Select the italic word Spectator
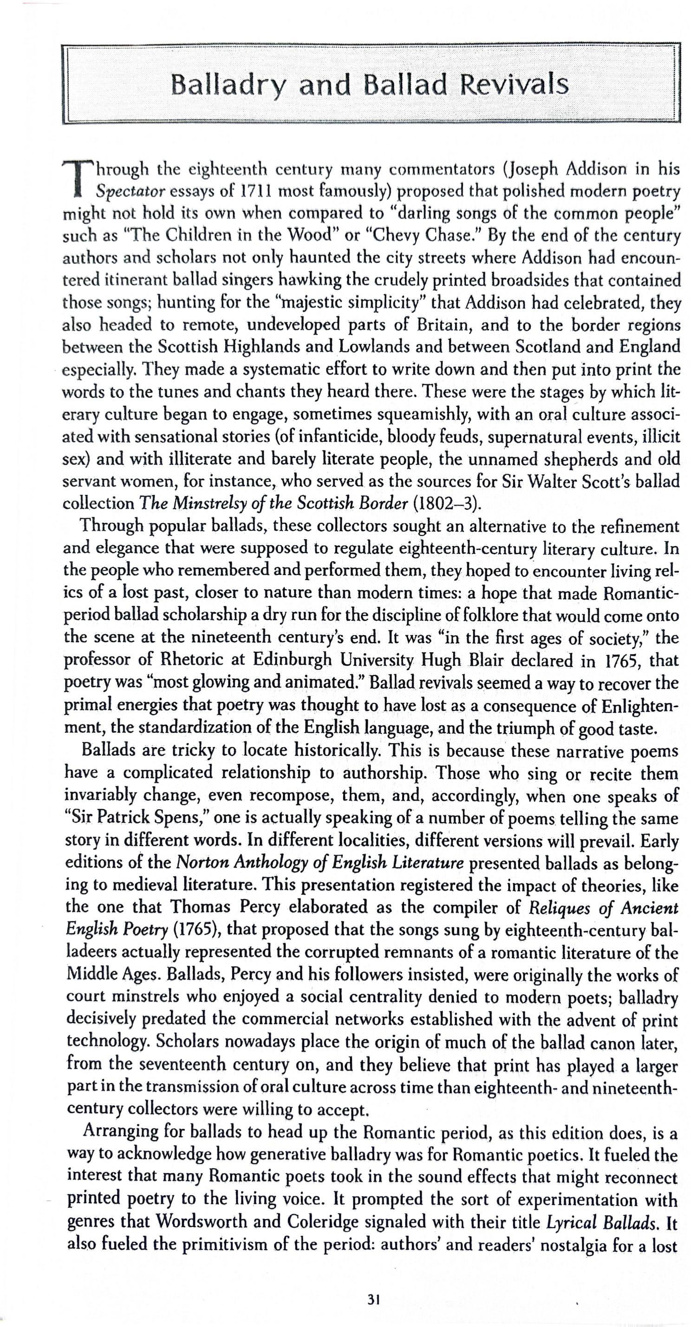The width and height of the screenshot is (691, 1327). point(130,192)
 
